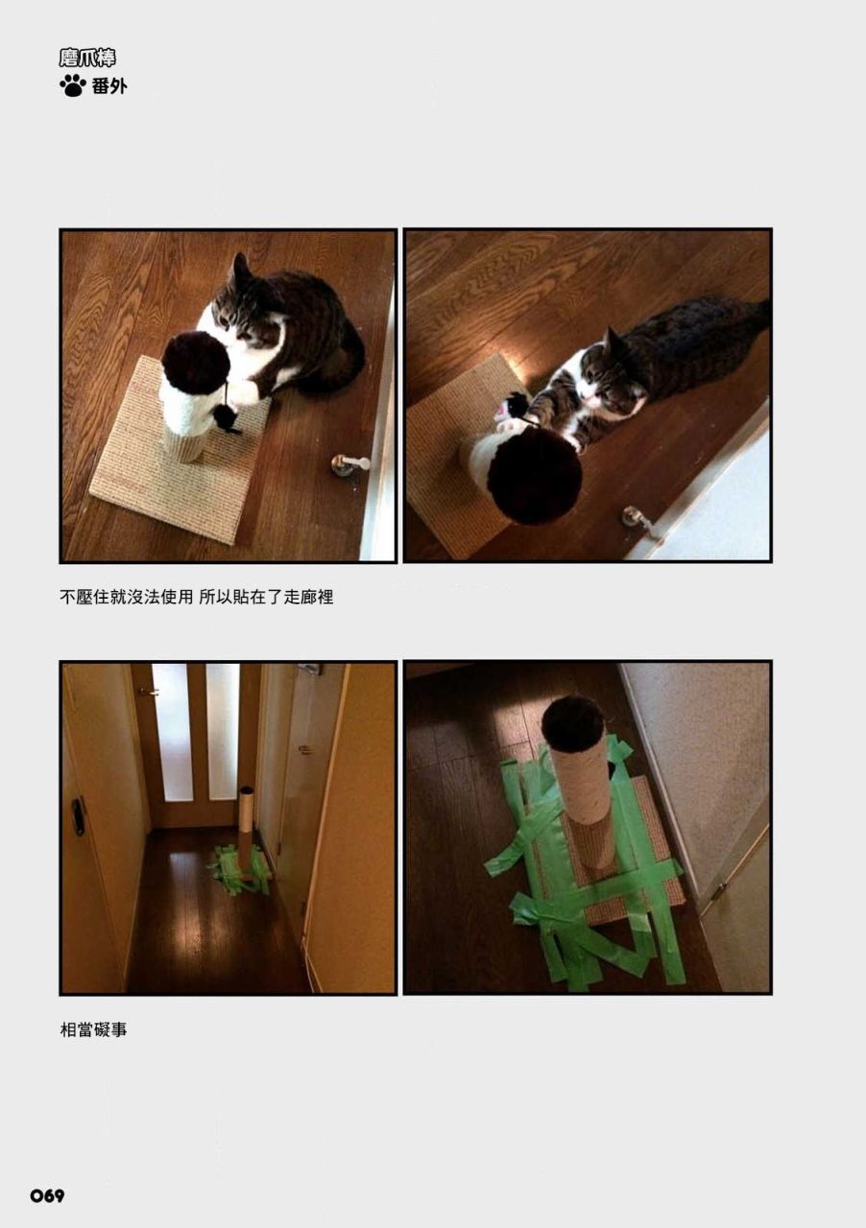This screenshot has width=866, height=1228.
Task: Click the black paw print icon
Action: coord(72,86)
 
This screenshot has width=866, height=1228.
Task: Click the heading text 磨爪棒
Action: coord(87,58)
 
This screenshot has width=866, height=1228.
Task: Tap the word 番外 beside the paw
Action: coord(109,86)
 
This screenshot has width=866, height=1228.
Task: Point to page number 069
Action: coord(47,1195)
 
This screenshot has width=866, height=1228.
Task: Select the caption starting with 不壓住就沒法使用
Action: coord(197,597)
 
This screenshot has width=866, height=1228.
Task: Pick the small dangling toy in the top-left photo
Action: coord(225,417)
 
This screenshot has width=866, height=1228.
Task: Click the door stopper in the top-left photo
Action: coord(349,463)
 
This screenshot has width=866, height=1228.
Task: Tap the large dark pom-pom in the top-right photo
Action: coord(535,476)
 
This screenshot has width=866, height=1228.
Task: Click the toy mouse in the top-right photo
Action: coord(513,410)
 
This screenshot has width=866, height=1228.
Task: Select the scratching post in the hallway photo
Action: coord(247,832)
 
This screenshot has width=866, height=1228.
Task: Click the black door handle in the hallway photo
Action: coord(79,815)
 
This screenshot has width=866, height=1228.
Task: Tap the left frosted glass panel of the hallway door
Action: coord(172,731)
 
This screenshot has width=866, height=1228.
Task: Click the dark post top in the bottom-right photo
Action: coord(573,723)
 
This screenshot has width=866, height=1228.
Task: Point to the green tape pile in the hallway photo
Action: coord(240,870)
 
